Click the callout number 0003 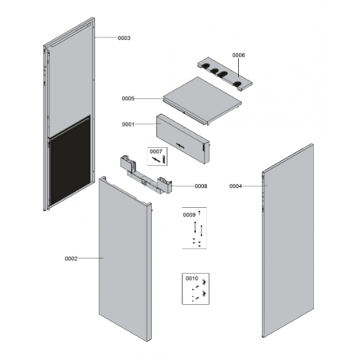click(124, 38)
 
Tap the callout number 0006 click(238, 55)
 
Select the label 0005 click(128, 99)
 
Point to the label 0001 click(128, 124)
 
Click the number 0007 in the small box click(155, 151)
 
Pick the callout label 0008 click(201, 186)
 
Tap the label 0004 click(236, 186)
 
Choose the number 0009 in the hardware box click(190, 215)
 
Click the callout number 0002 click(71, 259)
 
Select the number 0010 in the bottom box click(192, 278)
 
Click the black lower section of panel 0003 click(70, 160)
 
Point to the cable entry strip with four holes click(225, 74)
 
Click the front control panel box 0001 click(182, 139)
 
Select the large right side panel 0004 click(288, 241)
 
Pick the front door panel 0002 click(125, 259)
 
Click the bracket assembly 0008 click(146, 174)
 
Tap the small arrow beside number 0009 click(199, 213)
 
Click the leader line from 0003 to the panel click(106, 37)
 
